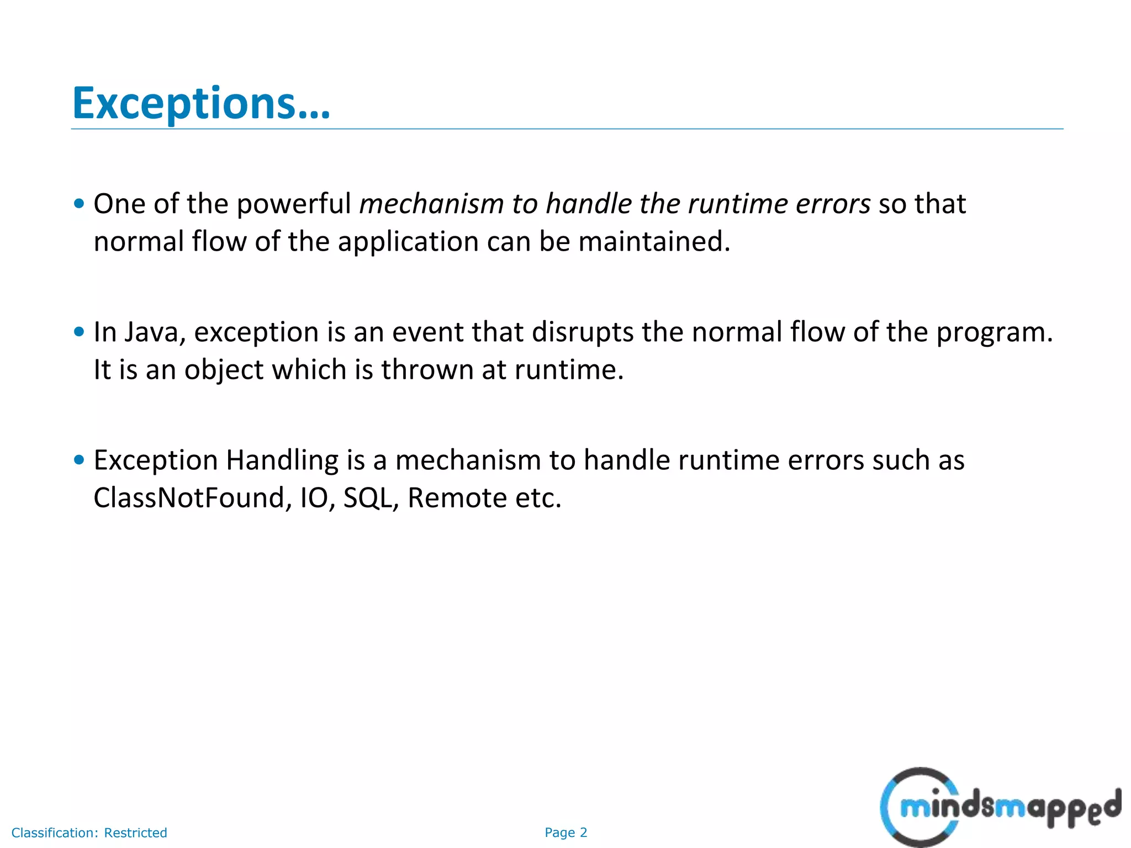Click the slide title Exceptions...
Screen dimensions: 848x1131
click(201, 103)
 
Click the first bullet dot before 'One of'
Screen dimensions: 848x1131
click(79, 204)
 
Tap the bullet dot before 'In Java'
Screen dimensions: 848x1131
click(79, 332)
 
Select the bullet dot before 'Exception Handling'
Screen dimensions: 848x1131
click(79, 460)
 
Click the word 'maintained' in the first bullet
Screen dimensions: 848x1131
click(654, 242)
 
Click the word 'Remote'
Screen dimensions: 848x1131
click(457, 498)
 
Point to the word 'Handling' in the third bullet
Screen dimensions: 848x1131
click(282, 461)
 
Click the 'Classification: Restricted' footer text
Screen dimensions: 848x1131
click(89, 833)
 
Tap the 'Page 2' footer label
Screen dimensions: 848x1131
click(565, 833)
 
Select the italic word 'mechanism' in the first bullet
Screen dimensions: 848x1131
click(431, 204)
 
